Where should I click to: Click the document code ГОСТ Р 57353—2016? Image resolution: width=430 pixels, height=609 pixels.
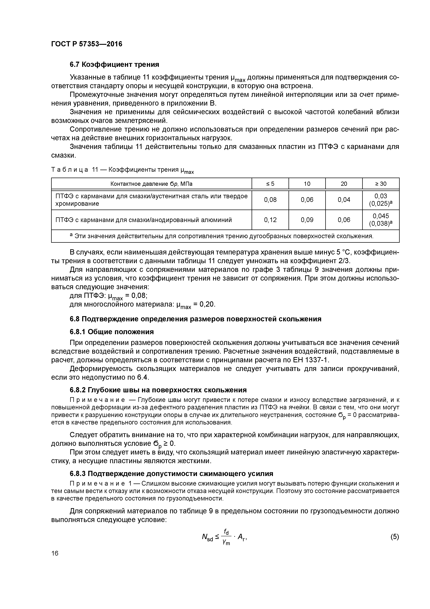(x=87, y=44)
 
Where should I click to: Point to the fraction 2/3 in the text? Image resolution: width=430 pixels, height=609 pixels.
(x=344, y=261)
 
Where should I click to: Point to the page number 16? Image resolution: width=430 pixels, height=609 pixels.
(x=55, y=553)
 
